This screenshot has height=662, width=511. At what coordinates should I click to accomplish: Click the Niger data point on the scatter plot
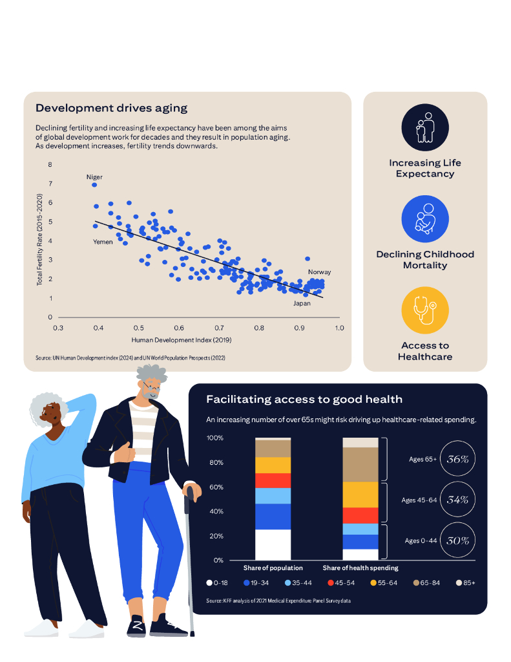pos(94,185)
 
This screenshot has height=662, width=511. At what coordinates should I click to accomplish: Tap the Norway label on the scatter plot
pos(319,272)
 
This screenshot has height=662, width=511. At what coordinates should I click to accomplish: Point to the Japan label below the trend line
pos(302,303)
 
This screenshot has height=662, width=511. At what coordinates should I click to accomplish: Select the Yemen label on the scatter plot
pos(103,242)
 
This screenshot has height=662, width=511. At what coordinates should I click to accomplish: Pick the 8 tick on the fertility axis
pos(50,165)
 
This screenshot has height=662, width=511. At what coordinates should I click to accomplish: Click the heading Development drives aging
pos(111,108)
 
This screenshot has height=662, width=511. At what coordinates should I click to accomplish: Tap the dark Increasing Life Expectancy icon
pos(425,127)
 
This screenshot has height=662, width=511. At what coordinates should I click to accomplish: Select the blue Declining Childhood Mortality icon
pos(425,219)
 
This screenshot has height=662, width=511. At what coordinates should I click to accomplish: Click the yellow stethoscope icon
pos(425,311)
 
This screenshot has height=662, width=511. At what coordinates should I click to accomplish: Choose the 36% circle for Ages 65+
pos(458,459)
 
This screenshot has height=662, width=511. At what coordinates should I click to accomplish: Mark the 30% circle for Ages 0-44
pos(458,540)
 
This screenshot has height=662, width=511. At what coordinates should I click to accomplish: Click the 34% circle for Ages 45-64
pos(458,500)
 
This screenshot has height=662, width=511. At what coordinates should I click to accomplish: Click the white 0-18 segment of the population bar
pos(273,544)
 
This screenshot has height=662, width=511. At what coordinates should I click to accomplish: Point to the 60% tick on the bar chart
pos(215,487)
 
